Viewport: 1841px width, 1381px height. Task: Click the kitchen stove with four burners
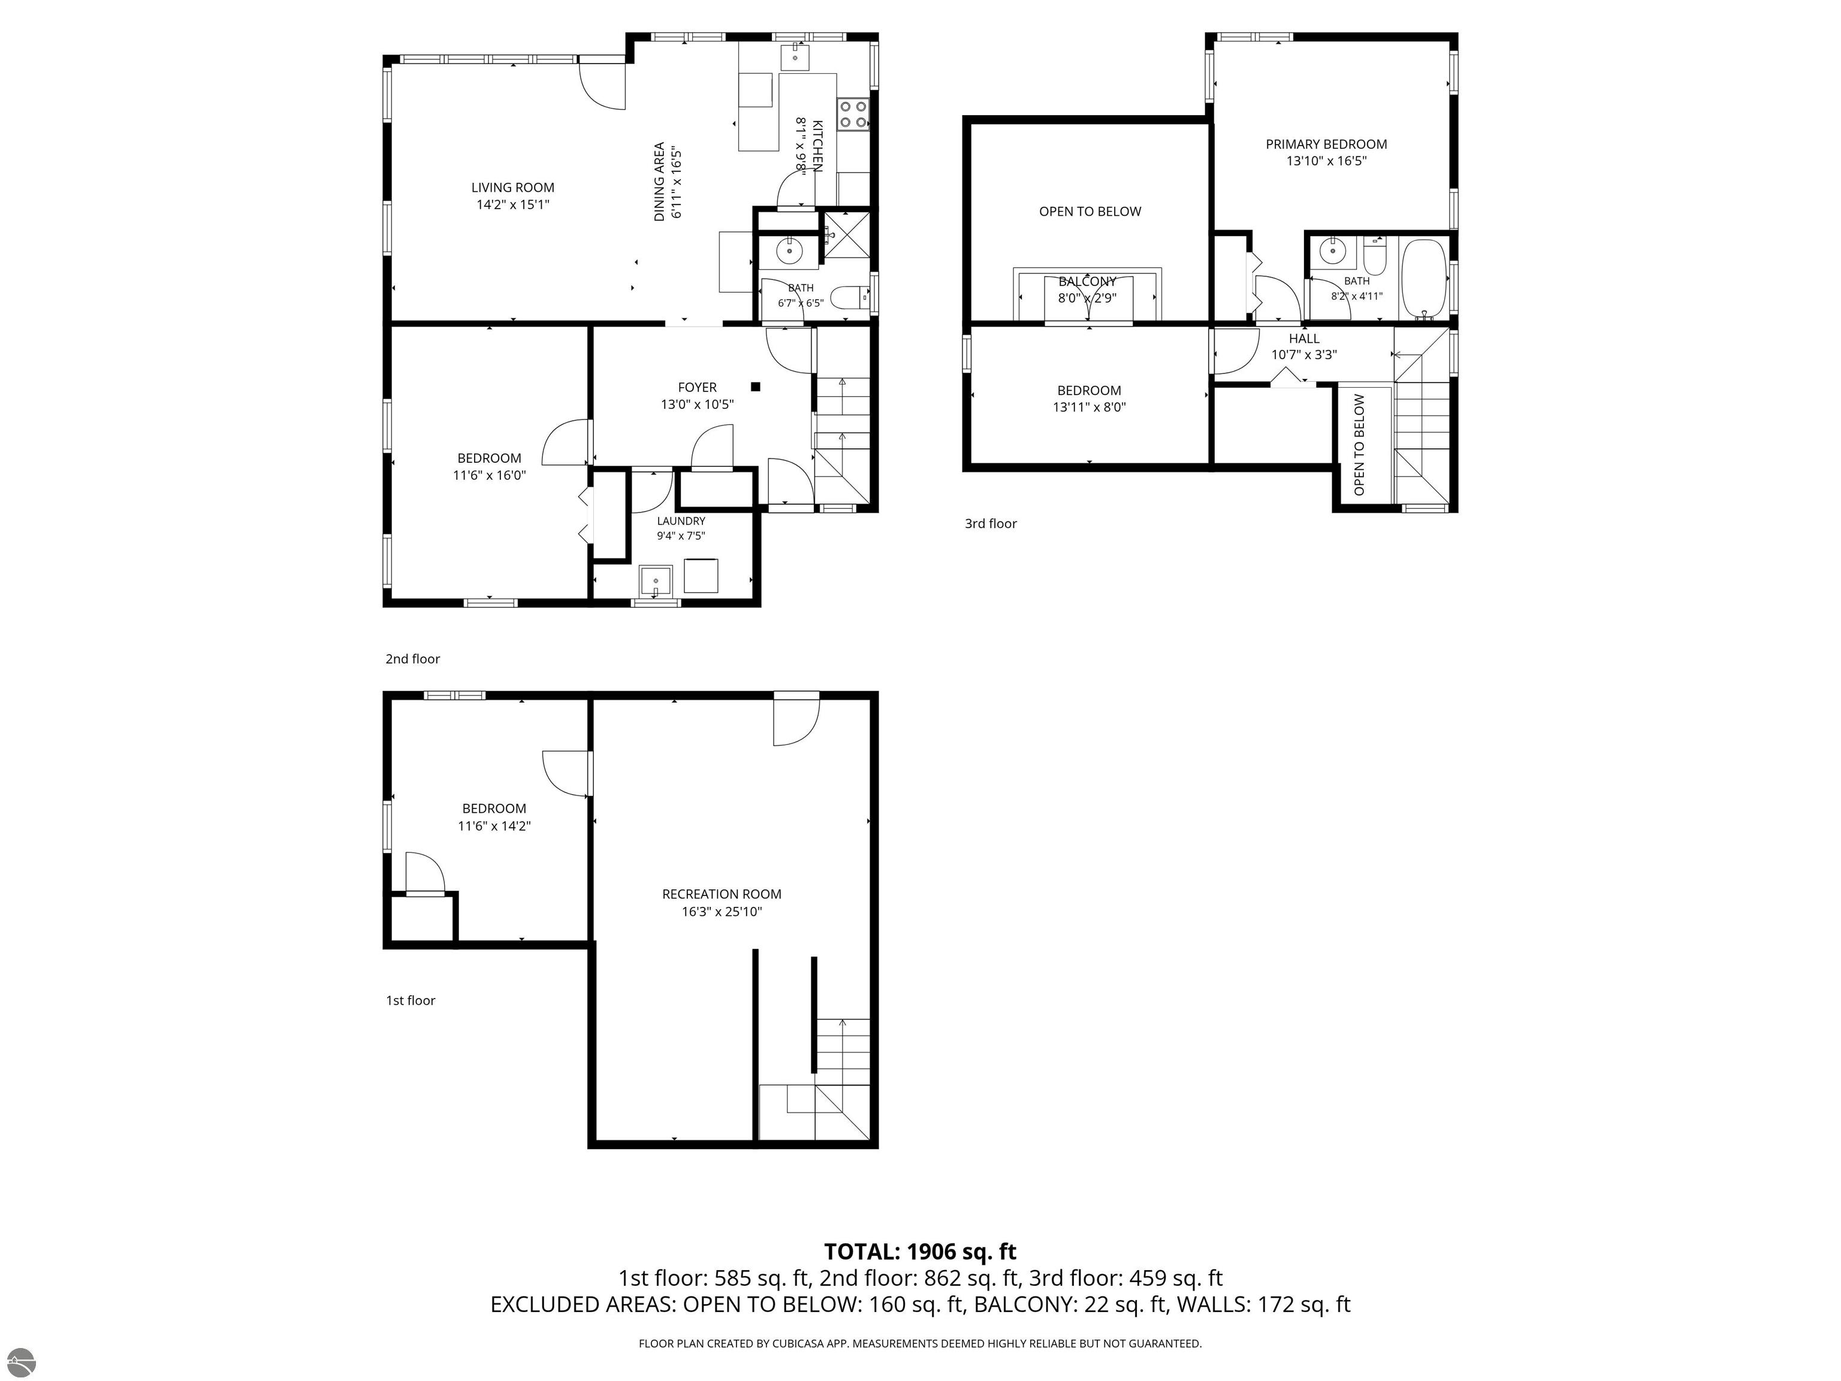853,114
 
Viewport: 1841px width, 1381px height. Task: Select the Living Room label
512,187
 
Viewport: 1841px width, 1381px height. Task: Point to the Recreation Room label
722,894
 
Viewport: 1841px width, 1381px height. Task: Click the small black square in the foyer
756,386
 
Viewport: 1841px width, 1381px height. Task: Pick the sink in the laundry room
656,580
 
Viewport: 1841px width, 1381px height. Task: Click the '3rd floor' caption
991,524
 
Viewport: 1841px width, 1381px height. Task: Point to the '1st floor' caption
411,1000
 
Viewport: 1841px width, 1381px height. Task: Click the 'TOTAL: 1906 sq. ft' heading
920,1252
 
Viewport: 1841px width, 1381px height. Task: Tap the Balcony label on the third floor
1087,281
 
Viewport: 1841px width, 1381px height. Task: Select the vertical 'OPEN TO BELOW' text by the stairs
1359,445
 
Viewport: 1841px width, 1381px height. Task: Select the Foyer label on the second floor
698,387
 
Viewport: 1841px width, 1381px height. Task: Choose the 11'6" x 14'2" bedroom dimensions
494,827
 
